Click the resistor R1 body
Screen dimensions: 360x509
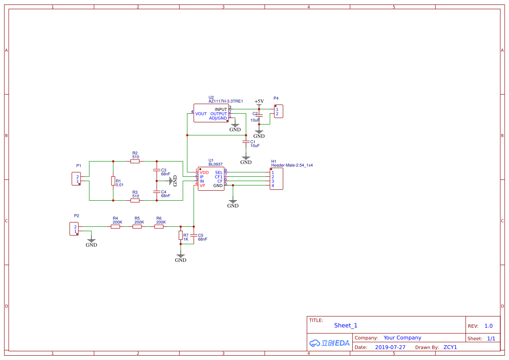click(x=113, y=181)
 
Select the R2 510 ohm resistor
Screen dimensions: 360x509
click(x=135, y=161)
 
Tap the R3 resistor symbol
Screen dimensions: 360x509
click(x=135, y=200)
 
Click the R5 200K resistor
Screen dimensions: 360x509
click(x=137, y=226)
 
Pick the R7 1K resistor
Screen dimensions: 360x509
click(x=181, y=236)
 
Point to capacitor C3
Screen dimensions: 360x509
click(x=157, y=170)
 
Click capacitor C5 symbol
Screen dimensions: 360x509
click(x=194, y=236)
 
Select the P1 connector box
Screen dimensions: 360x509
click(x=76, y=179)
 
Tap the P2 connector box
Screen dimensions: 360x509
click(x=74, y=229)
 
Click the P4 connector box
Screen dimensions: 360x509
click(x=278, y=111)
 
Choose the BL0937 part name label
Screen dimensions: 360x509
click(x=216, y=165)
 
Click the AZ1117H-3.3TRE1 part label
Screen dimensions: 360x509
click(x=226, y=101)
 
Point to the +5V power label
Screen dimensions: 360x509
click(x=259, y=101)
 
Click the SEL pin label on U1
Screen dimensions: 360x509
click(x=219, y=173)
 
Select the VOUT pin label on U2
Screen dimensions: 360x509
click(x=201, y=114)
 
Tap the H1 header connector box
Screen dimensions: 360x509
click(x=276, y=179)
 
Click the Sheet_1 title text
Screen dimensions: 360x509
click(x=346, y=325)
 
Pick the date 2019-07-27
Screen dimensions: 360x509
click(x=390, y=347)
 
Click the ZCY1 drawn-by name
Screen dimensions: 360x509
click(x=450, y=347)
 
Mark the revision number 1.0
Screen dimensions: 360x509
click(x=489, y=326)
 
